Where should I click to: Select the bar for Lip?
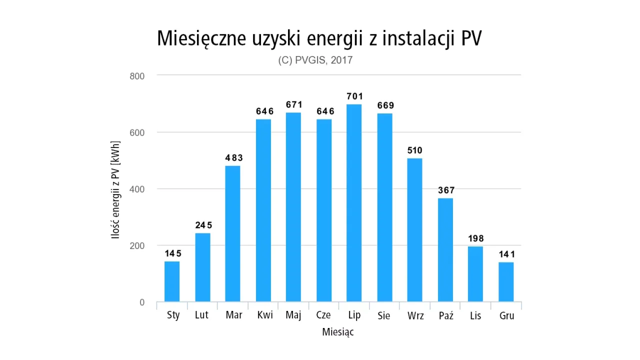click(354, 203)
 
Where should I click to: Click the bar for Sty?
click(172, 281)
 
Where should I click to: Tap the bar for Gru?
click(506, 282)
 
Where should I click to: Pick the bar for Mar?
click(233, 233)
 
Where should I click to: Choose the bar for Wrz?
click(414, 230)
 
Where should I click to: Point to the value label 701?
click(354, 96)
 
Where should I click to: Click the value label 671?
click(294, 104)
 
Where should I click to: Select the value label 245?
click(203, 225)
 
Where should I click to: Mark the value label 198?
click(475, 238)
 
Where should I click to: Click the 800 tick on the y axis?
click(137, 76)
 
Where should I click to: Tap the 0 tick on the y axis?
click(142, 302)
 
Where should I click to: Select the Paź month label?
click(445, 316)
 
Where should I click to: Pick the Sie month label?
click(384, 316)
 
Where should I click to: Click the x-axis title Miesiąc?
click(338, 332)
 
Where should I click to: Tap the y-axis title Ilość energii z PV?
click(116, 189)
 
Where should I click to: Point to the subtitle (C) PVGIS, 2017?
click(315, 60)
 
